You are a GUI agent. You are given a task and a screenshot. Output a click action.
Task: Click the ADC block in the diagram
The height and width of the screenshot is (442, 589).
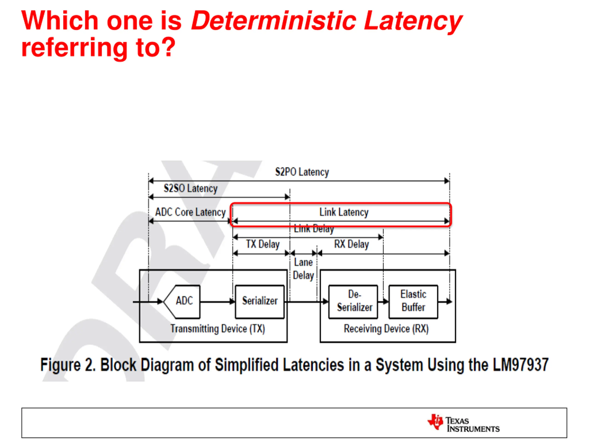tap(183, 301)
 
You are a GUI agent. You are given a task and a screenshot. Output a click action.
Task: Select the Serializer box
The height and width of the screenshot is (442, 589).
tap(260, 301)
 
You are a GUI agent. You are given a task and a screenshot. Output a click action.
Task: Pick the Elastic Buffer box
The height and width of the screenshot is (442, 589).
tap(413, 301)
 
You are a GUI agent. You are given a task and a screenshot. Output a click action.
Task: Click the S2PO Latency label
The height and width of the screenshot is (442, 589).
tap(302, 172)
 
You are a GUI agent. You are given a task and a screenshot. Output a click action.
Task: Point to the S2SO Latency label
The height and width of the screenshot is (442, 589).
tap(190, 188)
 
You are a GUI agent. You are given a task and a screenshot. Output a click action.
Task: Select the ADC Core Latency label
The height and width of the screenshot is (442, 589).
tap(190, 212)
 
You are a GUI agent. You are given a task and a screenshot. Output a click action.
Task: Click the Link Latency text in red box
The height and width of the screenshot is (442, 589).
tap(344, 212)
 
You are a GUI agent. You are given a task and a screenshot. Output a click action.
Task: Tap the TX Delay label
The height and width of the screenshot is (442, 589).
tap(263, 244)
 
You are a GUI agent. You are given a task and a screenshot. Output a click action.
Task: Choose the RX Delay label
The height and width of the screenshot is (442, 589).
tap(352, 244)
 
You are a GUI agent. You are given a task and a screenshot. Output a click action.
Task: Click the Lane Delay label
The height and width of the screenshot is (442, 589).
tap(303, 269)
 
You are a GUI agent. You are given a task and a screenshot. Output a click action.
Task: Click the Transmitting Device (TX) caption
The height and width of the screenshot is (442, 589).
tap(218, 329)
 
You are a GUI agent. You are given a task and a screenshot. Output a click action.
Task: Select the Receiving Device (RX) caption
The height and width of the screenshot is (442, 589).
tap(386, 329)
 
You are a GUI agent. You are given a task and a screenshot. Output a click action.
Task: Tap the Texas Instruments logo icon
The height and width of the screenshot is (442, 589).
tap(435, 422)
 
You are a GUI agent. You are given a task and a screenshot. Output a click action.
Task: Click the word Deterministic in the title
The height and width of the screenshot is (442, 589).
tap(274, 21)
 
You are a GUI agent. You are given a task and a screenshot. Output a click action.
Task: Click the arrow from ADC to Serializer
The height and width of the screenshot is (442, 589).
tap(217, 302)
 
